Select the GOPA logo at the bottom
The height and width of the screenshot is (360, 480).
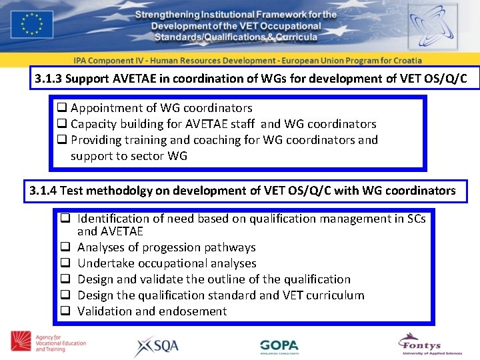(279, 346)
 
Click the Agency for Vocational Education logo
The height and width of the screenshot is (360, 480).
(47, 342)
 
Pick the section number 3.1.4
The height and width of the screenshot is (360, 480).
(43, 191)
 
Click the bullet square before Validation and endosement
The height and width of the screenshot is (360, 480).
(65, 311)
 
